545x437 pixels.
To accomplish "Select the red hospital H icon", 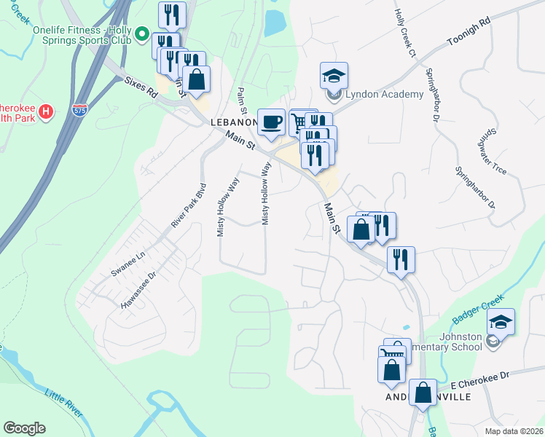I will coord(45,111).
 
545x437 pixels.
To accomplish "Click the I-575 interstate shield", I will coord(80,111).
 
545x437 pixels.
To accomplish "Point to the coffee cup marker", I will coord(271,122).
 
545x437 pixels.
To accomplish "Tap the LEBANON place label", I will coord(234,122).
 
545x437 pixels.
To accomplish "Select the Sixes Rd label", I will coord(141,86).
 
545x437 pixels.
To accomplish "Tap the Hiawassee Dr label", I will coord(138,291).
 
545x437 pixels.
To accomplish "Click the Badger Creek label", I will coord(473,309).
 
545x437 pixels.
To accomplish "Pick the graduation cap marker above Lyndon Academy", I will coord(334,75).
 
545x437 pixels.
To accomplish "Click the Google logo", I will coord(24,428).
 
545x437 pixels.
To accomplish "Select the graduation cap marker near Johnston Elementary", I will coord(501,321).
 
